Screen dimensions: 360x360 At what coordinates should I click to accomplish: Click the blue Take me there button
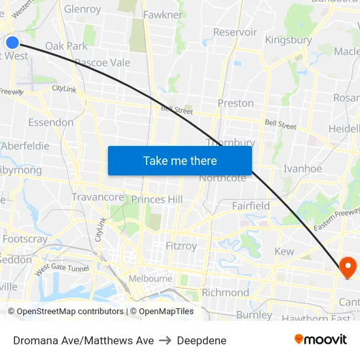tap(180, 160)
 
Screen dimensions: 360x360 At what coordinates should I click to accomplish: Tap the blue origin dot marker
tap(12, 43)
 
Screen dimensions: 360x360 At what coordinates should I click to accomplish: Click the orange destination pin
tap(346, 267)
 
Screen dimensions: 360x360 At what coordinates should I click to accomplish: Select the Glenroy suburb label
tap(82, 9)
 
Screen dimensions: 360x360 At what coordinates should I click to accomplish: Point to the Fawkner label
tap(163, 14)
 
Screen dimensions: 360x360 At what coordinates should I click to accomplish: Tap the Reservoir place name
tap(235, 31)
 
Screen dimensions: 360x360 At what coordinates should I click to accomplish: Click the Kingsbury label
tap(288, 40)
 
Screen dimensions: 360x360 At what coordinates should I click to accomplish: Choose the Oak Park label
tap(66, 46)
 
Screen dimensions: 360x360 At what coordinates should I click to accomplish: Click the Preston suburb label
tap(236, 103)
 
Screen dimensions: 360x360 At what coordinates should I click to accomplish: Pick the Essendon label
tap(51, 122)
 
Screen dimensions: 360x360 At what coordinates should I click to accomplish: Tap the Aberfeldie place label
tap(25, 145)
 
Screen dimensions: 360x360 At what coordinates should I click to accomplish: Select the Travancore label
tap(98, 197)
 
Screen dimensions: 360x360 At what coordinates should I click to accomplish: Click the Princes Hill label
tap(157, 199)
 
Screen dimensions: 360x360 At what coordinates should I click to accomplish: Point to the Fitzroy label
tap(181, 246)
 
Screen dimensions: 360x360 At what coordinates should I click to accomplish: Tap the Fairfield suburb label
tap(251, 206)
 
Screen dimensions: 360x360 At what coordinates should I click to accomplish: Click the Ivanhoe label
tap(302, 168)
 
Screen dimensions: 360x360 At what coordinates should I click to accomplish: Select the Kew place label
tap(284, 251)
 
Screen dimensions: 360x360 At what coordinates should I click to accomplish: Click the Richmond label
tap(225, 292)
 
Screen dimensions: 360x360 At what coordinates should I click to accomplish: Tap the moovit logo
tap(321, 340)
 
